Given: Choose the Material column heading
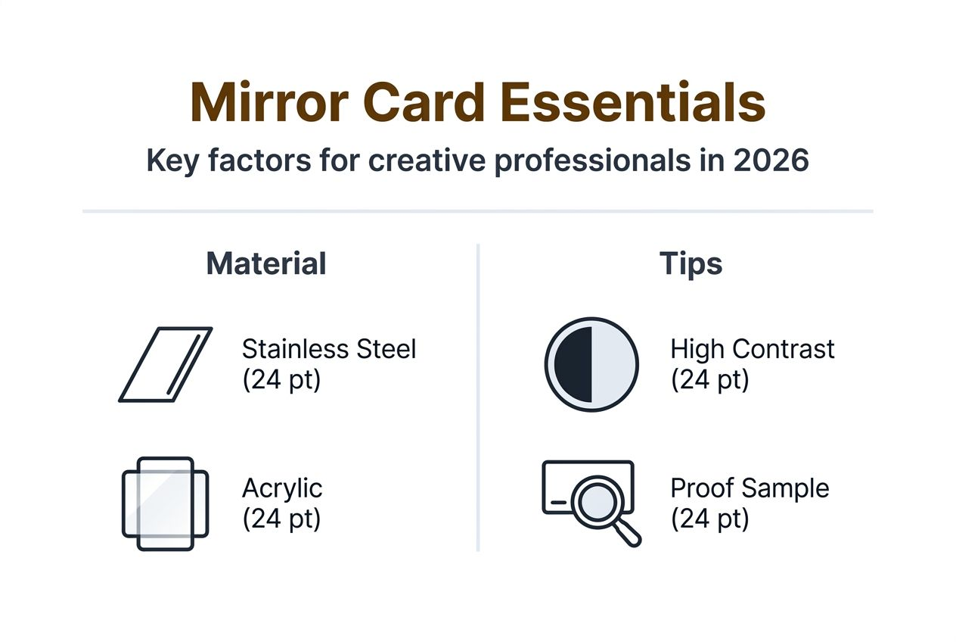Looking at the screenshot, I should coord(265,263).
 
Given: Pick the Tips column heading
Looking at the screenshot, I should coord(691,263).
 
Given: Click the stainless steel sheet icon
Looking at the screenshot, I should coord(166,364).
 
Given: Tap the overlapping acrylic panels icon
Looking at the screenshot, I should coord(165,503).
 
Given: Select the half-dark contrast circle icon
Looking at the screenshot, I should coord(591,364).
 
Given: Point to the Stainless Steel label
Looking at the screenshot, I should coord(329,349).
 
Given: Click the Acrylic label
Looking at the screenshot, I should coord(282,488).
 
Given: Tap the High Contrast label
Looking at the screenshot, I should coord(753,349).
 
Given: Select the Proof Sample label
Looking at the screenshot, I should coord(750,488).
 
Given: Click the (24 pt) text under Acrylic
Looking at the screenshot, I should coord(281,519).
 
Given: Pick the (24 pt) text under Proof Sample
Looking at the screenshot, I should coord(709,519).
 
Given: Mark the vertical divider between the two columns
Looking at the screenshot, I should coord(478,397).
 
